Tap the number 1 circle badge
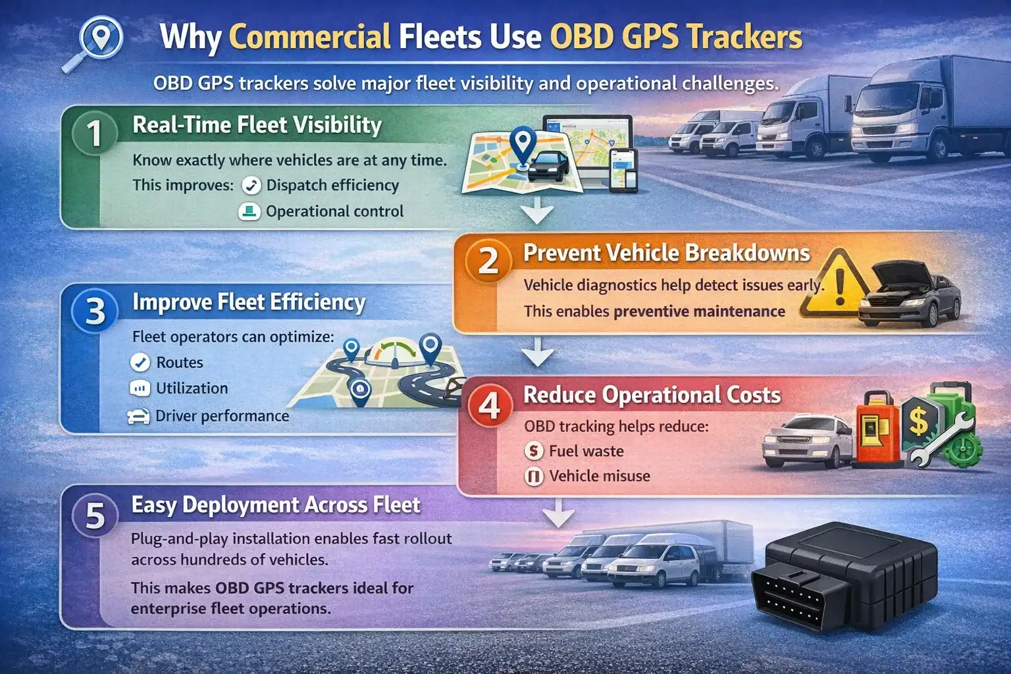pos(95,132)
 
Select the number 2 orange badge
pos(488,261)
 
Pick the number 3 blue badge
pos(95,311)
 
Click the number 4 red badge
pos(489,405)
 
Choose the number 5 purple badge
pos(95,515)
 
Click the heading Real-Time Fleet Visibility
pos(257,124)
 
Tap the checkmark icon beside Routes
pos(140,363)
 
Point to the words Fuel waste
pos(586,451)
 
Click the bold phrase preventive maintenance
pos(699,311)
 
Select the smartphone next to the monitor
pos(623,170)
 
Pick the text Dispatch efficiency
pos(332,185)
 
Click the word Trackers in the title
pos(745,37)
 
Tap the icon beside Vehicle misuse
pos(534,476)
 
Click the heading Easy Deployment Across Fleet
pos(275,505)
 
